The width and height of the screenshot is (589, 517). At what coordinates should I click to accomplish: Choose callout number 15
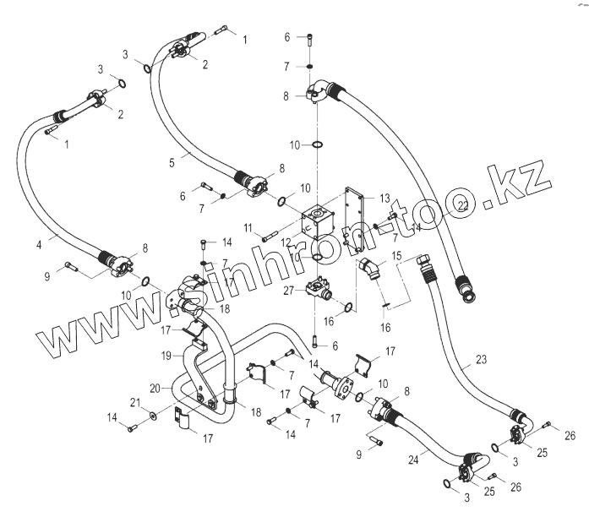click(x=396, y=255)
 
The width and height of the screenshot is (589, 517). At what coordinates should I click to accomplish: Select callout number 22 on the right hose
click(x=462, y=205)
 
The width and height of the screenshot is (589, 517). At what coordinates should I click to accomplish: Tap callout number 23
click(x=481, y=361)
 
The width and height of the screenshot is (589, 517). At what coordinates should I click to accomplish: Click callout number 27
click(x=288, y=289)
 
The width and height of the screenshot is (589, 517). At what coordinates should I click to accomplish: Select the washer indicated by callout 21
click(x=150, y=416)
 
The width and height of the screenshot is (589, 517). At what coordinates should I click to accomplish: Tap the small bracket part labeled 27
click(x=320, y=287)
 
